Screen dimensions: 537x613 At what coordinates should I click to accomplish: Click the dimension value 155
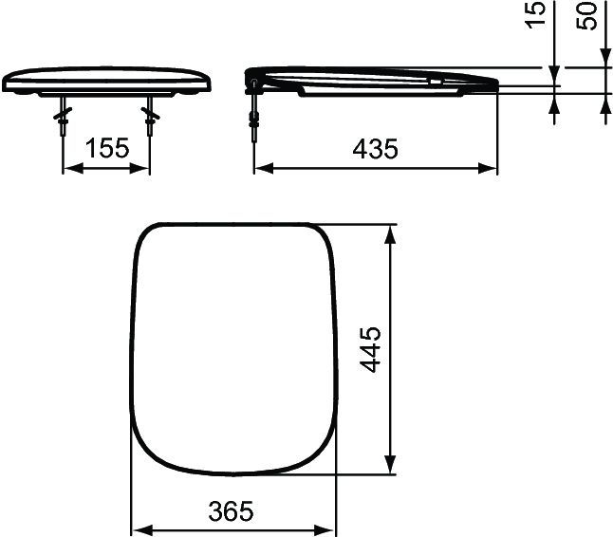(106, 149)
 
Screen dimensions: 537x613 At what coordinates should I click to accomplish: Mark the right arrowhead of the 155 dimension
(143, 169)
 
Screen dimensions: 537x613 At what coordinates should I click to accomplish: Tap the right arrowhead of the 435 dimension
(491, 169)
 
